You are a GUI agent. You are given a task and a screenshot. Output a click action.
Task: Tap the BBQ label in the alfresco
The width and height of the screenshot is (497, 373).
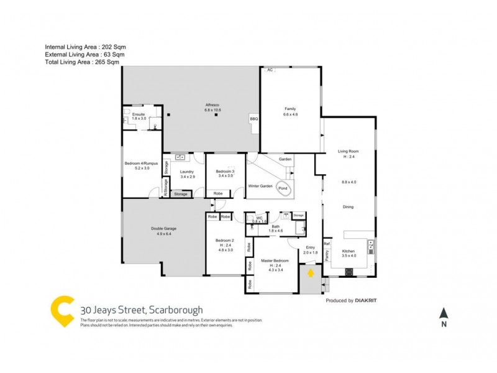tap(253, 119)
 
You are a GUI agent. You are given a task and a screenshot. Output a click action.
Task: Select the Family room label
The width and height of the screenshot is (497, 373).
tap(291, 108)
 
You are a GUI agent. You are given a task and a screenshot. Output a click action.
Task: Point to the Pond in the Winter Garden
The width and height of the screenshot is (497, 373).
tap(283, 189)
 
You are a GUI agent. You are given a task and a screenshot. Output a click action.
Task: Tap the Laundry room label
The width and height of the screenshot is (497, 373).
tap(188, 172)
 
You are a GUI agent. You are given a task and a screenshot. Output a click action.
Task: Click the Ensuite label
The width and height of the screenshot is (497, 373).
tap(138, 114)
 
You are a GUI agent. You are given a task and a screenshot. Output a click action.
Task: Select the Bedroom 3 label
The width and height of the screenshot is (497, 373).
tap(225, 172)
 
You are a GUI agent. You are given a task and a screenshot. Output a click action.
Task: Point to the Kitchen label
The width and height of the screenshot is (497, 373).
tap(349, 251)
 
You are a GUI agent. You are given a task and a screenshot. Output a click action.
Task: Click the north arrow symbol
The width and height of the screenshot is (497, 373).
tap(443, 314)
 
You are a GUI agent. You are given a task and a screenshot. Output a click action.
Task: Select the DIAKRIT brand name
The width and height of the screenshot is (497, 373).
tap(367, 300)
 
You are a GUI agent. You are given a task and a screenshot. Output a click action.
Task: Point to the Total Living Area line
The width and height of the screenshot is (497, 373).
tap(81, 62)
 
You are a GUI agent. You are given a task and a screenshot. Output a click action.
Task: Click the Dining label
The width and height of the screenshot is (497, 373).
tap(348, 207)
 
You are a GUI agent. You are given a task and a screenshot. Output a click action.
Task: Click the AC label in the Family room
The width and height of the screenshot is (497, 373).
tap(270, 70)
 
